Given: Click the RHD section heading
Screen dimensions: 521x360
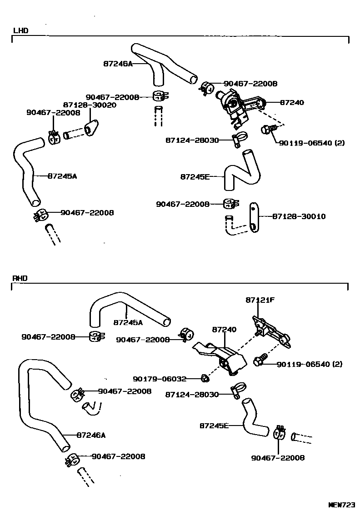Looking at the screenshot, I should tap(20, 278).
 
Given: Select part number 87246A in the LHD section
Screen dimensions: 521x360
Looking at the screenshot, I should tap(117, 64).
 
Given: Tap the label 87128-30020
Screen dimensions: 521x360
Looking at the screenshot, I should tap(90, 105).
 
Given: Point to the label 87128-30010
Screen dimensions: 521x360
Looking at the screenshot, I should tap(299, 216).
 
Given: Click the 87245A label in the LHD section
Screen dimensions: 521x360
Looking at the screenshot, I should tap(62, 176).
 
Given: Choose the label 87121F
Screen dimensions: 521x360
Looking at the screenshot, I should tap(260, 300).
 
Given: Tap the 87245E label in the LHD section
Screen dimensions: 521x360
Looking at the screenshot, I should tap(195, 176).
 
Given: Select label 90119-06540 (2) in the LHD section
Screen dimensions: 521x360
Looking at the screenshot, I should tap(311, 143).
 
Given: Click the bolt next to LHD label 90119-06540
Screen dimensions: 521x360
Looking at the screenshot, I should tap(266, 130).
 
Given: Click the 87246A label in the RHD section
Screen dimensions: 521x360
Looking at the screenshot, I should tap(91, 435).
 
